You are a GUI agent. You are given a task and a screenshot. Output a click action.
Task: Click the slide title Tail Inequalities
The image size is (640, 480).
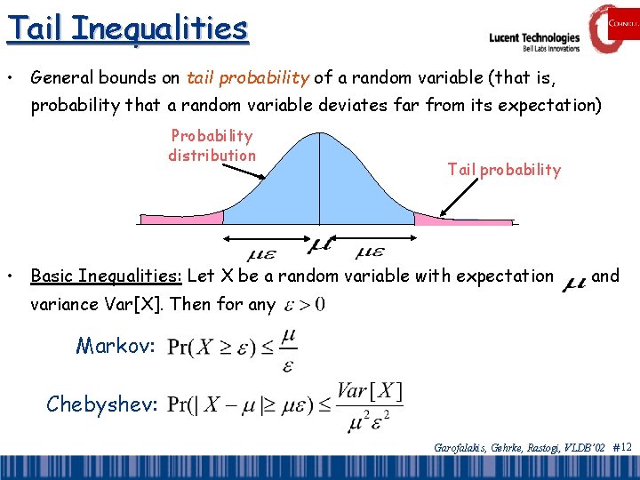click(x=127, y=28)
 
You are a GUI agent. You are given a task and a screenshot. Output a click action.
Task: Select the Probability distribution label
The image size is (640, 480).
click(x=212, y=146)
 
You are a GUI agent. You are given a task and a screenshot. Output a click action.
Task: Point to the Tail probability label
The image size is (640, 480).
click(x=504, y=170)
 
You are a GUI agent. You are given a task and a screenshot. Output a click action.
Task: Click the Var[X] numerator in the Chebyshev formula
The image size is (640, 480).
click(x=369, y=391)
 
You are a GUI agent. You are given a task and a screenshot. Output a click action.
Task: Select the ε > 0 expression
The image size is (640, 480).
click(x=305, y=305)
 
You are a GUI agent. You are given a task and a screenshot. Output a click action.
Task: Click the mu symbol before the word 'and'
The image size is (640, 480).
click(x=574, y=282)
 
